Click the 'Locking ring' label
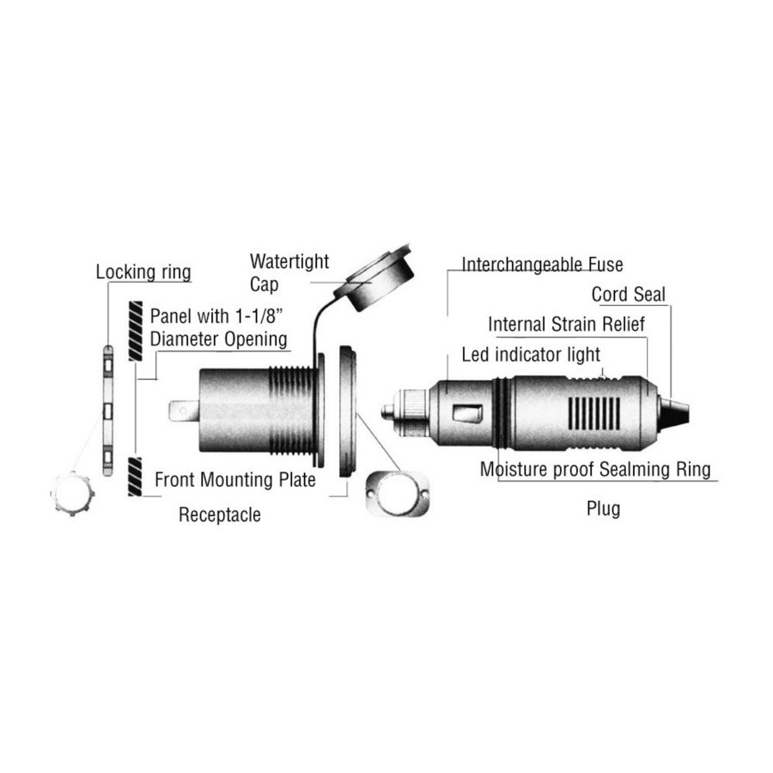point(143,272)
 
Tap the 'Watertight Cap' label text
point(289,272)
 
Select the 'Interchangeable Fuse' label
point(542,265)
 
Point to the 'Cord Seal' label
point(629,295)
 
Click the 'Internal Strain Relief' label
point(567,325)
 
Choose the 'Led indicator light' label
point(531,355)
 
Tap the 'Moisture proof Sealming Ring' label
point(595,469)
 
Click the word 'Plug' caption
point(604,508)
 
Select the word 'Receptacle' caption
point(219,514)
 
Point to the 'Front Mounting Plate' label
point(235,479)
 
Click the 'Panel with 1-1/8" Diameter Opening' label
point(218,327)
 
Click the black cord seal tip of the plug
point(673,413)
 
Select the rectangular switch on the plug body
point(468,414)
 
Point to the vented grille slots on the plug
point(594,413)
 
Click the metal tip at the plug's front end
point(387,412)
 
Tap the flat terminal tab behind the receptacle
point(184,411)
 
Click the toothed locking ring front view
point(72,494)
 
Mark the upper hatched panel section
point(136,331)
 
